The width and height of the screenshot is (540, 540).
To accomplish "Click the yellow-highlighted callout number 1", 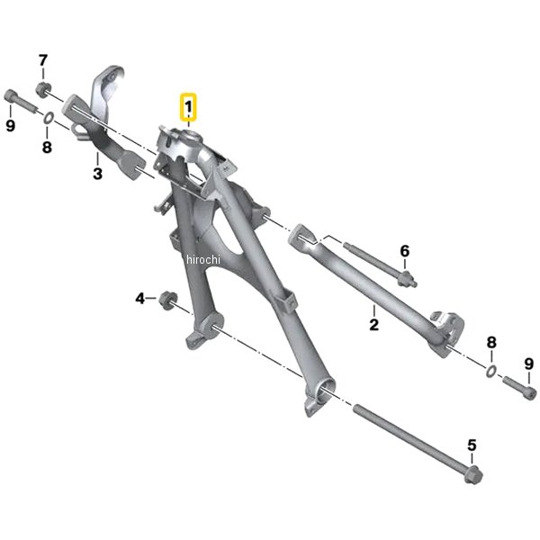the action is [x=188, y=107].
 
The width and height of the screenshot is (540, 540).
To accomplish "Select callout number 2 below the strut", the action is [x=374, y=324].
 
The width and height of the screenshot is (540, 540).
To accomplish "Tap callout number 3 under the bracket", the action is [x=98, y=173].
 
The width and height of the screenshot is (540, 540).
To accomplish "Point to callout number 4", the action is [x=139, y=298].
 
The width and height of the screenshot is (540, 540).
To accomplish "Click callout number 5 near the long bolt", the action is [x=472, y=445].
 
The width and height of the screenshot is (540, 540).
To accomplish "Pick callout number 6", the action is [x=405, y=251].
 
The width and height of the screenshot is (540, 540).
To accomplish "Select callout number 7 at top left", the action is [x=42, y=60].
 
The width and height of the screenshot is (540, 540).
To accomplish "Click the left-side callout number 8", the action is [x=47, y=147].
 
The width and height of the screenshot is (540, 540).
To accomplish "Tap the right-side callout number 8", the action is [x=491, y=342].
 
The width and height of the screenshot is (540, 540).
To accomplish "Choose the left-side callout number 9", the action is [x=11, y=125].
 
